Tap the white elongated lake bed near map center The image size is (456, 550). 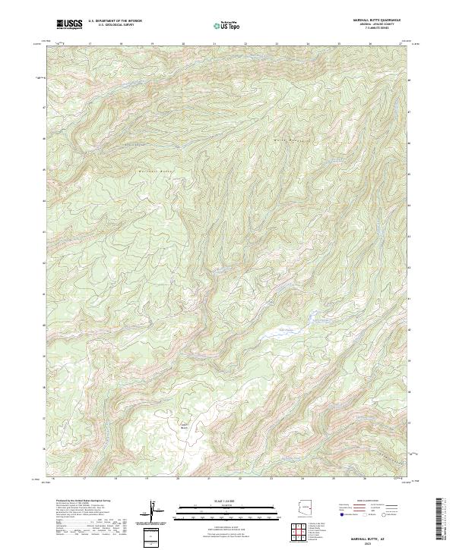point(279,332)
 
